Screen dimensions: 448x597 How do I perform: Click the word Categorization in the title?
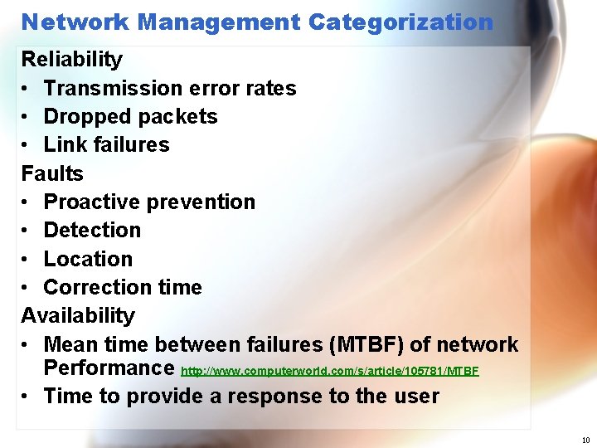pos(400,22)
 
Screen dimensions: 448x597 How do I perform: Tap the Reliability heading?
pos(71,60)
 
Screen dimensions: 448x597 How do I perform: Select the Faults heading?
pos(52,173)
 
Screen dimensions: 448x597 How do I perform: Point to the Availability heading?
pos(77,316)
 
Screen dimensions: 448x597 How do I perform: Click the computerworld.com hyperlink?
pos(329,370)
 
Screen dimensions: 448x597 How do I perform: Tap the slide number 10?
pos(585,441)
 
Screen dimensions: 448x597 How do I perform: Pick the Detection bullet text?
pos(92,231)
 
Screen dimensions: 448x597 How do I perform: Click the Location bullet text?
pos(88,259)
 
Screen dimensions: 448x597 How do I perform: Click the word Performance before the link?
pos(108,368)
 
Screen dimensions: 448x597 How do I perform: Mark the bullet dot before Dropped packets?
pos(27,117)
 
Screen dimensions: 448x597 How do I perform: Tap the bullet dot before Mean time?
pos(27,344)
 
